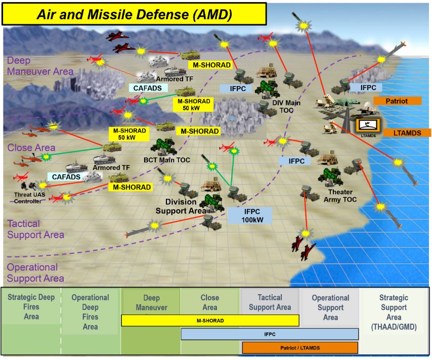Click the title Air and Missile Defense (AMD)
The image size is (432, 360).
tap(134, 14)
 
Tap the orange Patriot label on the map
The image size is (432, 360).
tap(397, 101)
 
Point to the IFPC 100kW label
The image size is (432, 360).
tap(249, 215)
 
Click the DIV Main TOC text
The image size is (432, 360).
tap(286, 106)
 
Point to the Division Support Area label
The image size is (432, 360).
tap(181, 206)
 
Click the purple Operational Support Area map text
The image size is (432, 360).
tap(35, 272)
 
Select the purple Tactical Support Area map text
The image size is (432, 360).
tap(35, 229)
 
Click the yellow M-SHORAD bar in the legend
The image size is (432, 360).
tap(210, 321)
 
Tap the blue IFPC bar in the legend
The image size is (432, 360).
tap(270, 334)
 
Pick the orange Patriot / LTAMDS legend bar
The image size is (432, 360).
tap(300, 348)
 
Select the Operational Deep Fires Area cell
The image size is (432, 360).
tap(90, 312)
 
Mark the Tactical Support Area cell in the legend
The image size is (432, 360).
tap(270, 302)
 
